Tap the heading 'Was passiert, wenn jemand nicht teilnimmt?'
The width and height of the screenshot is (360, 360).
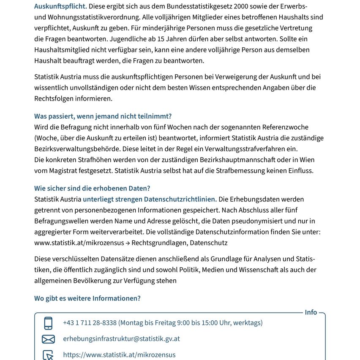(103, 116)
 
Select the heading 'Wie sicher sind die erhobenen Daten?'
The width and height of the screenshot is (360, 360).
(92, 188)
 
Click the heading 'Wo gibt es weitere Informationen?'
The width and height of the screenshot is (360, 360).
(87, 298)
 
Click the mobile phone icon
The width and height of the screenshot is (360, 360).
(48, 323)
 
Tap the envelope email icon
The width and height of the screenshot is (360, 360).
(48, 339)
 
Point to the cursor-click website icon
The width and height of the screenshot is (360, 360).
(48, 355)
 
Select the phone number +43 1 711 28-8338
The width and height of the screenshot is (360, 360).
(90, 323)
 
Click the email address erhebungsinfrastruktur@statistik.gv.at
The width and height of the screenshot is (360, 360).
(121, 339)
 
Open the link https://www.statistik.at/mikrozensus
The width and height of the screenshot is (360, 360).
(119, 355)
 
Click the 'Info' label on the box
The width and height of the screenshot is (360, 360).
(311, 313)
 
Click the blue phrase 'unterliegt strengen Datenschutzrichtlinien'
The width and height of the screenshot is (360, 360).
(150, 199)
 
